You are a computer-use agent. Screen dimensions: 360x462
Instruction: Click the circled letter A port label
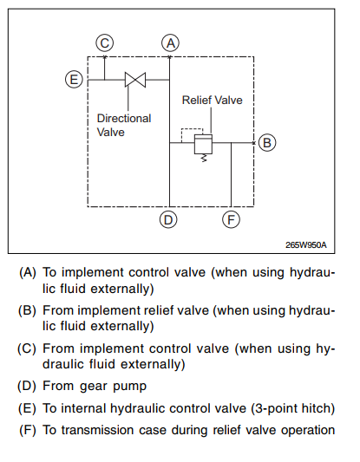point(170,43)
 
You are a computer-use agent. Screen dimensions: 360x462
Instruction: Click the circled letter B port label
point(267,143)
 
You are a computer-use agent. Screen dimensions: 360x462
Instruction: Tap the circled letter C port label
point(105,43)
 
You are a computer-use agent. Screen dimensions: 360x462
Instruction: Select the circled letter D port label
point(168,219)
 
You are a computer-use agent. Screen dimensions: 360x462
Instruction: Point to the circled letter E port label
point(74,80)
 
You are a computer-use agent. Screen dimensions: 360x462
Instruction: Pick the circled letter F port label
point(231,219)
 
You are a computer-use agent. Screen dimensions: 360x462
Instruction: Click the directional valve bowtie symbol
point(135,80)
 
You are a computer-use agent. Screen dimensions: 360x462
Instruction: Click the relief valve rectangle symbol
point(203,144)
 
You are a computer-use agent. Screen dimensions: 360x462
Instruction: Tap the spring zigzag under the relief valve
point(204,159)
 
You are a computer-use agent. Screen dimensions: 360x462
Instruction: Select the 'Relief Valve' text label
point(212,101)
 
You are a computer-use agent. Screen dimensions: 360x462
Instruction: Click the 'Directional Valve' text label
point(124,125)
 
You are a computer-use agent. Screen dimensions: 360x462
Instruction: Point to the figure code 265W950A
point(305,244)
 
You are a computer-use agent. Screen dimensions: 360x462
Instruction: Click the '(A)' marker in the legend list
point(28,272)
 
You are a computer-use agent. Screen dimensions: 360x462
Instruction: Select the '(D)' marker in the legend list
point(27,386)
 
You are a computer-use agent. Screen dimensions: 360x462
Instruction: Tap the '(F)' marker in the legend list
point(28,430)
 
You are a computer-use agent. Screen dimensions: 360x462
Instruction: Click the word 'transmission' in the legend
point(99,430)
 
